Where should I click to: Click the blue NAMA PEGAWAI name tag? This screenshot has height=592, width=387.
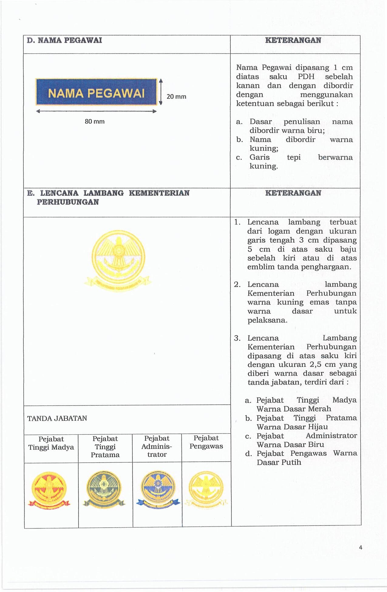point(96,92)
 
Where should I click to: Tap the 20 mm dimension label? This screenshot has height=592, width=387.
point(176,97)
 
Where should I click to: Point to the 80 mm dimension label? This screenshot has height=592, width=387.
point(94,121)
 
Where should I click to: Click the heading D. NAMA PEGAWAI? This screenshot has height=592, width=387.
point(64,40)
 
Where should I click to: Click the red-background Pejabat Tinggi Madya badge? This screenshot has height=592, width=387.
point(49,490)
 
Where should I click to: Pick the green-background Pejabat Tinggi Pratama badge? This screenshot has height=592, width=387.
point(104,489)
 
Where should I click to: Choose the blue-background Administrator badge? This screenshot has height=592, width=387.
point(158,489)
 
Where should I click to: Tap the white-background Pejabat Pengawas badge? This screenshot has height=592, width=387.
point(206,489)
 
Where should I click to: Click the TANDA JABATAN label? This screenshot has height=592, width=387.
point(57,418)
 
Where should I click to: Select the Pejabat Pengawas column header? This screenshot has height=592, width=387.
point(206,442)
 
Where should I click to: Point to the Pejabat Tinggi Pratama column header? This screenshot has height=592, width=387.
point(105,447)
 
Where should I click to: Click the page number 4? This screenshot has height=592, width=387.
point(361,547)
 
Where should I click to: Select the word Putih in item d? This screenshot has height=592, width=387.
point(291,462)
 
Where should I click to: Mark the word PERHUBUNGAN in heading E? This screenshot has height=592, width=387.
point(68,202)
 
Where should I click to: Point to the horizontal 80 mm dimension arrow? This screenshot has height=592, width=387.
point(96,111)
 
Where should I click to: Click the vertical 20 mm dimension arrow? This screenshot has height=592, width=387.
point(161,92)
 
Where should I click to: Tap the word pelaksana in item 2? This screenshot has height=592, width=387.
point(267,320)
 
